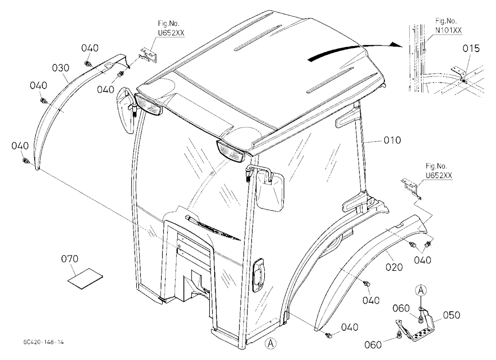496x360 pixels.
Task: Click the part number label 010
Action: (x=392, y=140)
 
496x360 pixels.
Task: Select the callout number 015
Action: (x=471, y=49)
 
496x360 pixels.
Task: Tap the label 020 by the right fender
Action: (x=394, y=267)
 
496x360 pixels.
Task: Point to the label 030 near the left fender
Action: (x=61, y=68)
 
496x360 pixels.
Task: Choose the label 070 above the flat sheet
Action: (x=69, y=259)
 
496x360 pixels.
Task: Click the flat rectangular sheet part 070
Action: (x=85, y=278)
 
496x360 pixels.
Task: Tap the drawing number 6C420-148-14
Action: (x=43, y=342)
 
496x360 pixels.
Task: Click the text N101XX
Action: (x=448, y=30)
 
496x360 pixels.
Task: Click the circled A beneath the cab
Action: (x=270, y=343)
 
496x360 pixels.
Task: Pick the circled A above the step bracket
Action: (x=421, y=290)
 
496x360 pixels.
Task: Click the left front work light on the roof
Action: (x=149, y=104)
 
